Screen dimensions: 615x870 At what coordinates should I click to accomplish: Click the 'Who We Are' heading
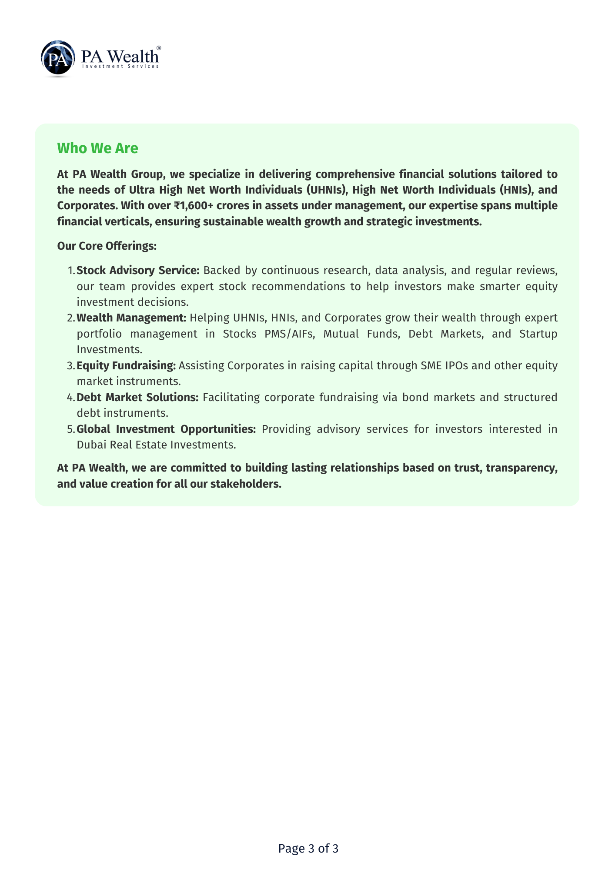click(x=97, y=148)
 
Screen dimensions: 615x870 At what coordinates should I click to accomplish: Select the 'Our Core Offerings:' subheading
click(x=107, y=246)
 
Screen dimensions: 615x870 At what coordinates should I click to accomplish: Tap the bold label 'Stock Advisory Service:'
click(x=138, y=270)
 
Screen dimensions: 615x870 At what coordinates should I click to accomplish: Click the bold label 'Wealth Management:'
click(x=131, y=318)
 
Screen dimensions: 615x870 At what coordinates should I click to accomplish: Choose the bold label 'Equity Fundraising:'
click(x=126, y=365)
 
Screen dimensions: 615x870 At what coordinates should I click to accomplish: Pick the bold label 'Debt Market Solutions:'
click(x=137, y=397)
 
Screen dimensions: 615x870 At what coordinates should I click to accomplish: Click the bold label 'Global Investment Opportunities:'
click(x=166, y=429)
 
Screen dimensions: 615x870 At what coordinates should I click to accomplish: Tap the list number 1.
click(x=71, y=271)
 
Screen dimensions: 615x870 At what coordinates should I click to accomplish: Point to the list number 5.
click(x=71, y=429)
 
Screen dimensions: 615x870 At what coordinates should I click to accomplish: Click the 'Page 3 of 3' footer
click(x=308, y=848)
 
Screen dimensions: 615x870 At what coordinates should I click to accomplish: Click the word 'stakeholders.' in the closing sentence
click(x=246, y=484)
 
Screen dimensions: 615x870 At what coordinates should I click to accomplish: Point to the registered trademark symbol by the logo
click(x=159, y=48)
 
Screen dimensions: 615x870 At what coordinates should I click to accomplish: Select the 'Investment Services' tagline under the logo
click(x=120, y=67)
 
